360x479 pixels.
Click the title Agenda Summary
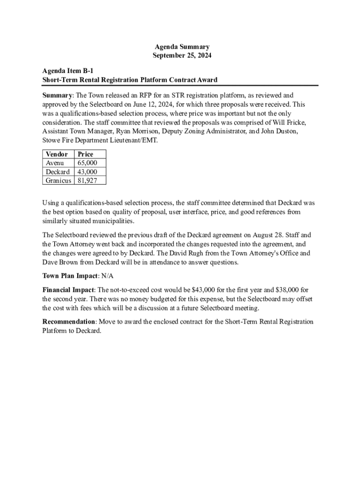coord(182,47)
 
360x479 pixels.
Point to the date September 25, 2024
coord(182,55)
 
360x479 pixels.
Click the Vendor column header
coord(57,154)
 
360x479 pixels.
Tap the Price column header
coord(86,154)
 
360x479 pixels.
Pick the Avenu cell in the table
coord(55,163)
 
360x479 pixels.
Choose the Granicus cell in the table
coord(58,180)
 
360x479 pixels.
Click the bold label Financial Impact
coord(68,290)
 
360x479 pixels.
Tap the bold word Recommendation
coord(69,322)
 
